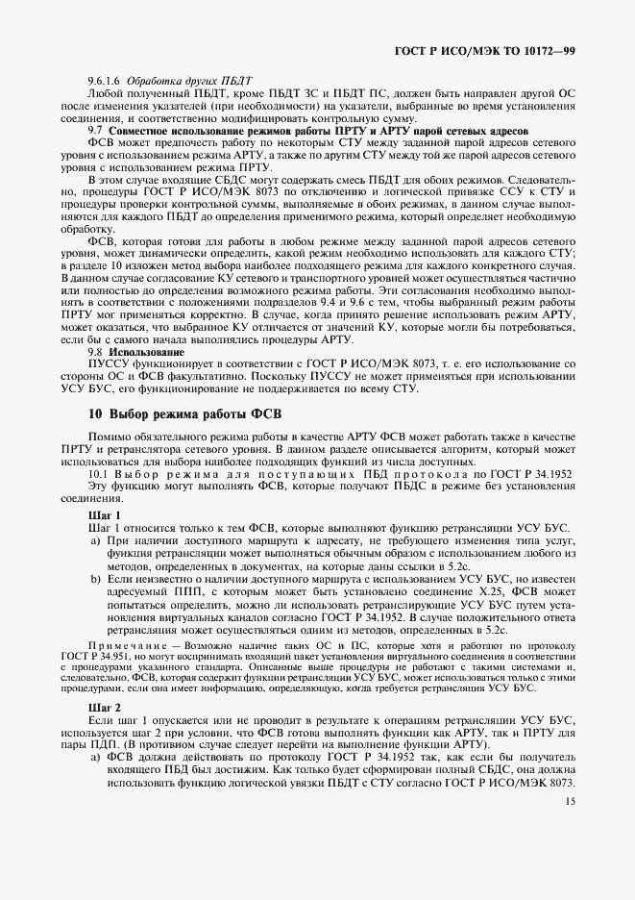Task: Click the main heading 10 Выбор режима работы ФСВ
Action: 183,414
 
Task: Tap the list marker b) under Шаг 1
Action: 96,580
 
